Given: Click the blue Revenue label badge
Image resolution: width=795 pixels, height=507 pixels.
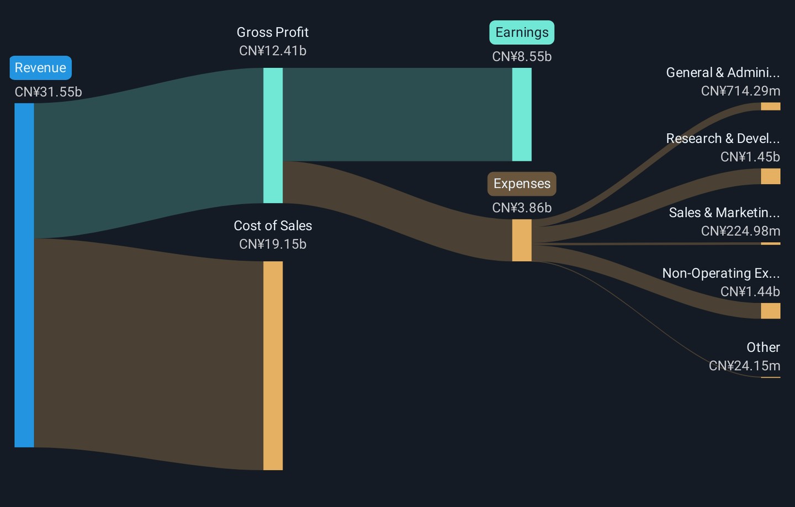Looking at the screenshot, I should (x=40, y=68).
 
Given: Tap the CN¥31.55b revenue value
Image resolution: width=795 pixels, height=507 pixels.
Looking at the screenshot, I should (x=48, y=92).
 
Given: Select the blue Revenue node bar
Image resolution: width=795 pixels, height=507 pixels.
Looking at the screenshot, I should (x=24, y=274).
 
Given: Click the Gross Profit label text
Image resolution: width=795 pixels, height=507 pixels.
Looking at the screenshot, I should (x=273, y=32).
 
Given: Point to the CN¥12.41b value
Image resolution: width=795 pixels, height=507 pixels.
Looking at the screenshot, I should (x=273, y=51).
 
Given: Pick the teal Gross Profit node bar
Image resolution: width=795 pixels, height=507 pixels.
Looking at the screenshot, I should (x=273, y=135).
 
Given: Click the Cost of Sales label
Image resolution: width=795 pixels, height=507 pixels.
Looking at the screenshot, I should (x=273, y=225).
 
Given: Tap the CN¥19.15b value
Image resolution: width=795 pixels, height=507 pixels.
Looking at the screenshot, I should (x=273, y=244).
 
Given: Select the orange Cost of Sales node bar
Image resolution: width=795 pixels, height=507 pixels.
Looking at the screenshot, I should (x=273, y=366).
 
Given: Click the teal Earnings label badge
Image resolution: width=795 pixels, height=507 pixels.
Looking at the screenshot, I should (x=522, y=33).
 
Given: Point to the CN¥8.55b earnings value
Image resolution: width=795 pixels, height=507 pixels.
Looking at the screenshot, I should (x=522, y=56).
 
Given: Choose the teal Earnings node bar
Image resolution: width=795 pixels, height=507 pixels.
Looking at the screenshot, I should (x=522, y=114).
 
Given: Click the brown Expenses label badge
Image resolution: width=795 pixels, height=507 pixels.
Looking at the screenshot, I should (x=522, y=184).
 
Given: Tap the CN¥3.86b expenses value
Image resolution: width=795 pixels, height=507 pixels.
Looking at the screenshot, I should (x=522, y=208).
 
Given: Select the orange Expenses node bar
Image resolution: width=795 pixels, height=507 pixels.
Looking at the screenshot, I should (x=522, y=240).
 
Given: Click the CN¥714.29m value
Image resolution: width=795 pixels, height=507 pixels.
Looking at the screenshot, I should (x=740, y=91).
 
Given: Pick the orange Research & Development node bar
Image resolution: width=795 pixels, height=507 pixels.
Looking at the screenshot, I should (x=770, y=176).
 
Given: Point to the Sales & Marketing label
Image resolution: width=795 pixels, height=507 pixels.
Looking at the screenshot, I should (x=724, y=213).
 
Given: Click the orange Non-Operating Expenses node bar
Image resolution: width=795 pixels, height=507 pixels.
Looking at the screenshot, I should (x=770, y=310).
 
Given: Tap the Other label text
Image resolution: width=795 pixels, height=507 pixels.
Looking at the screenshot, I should (x=763, y=347).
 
